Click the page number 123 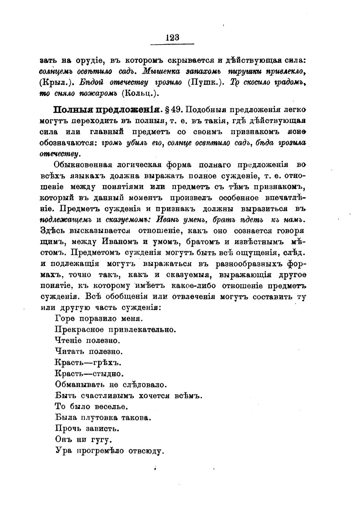coord(172,38)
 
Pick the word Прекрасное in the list coord(79,330)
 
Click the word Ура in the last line coord(63,451)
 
